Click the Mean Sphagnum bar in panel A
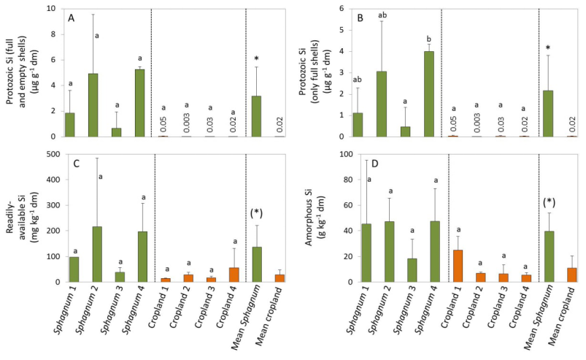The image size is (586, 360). click(x=256, y=116)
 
